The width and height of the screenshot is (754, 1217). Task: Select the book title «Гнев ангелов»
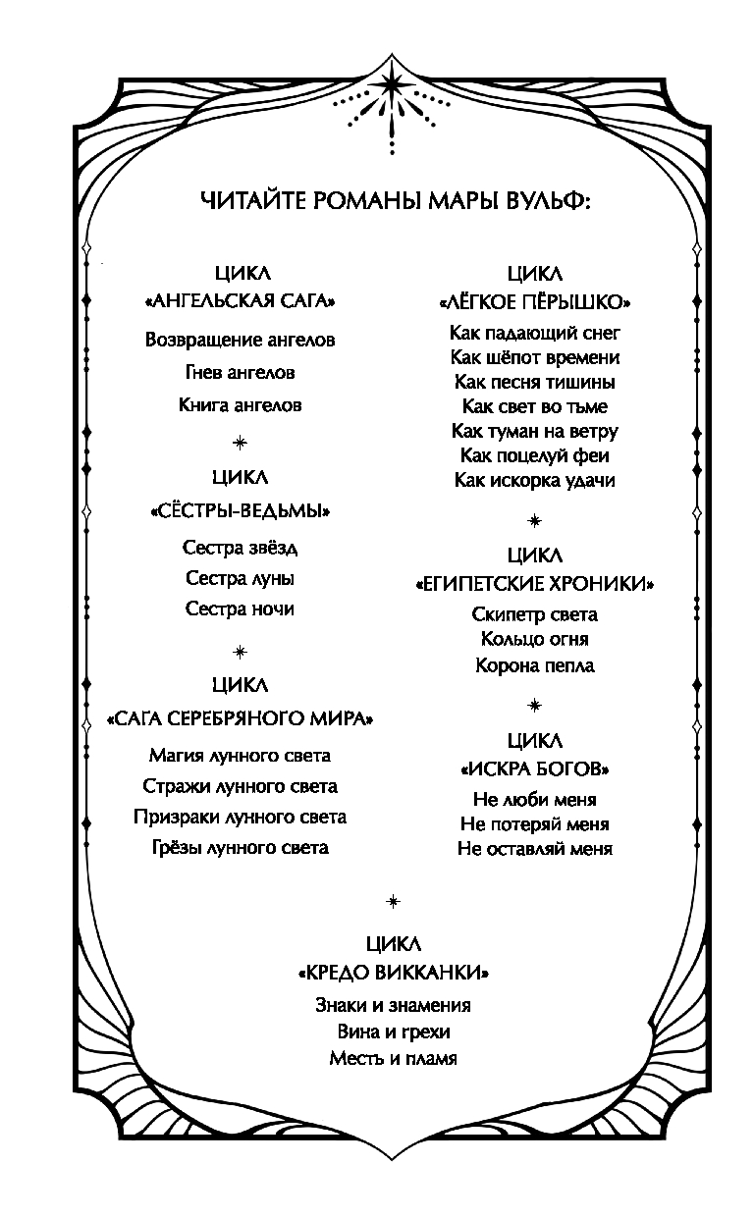(240, 373)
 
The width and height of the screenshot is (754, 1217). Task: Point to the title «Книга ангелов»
(240, 404)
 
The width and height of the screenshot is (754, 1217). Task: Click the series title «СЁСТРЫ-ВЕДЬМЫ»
(240, 511)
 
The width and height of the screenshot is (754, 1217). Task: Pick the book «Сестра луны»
(240, 578)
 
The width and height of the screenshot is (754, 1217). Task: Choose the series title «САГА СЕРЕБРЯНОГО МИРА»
(240, 718)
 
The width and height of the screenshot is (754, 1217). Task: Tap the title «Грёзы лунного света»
(240, 847)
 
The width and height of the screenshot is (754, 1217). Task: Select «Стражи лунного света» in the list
(240, 786)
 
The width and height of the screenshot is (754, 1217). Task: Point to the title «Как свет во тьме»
(534, 406)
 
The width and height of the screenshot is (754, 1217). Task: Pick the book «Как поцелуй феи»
(534, 455)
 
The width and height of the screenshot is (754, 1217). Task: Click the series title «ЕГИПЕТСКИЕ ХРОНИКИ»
(534, 584)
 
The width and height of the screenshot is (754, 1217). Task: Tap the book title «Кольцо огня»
(534, 639)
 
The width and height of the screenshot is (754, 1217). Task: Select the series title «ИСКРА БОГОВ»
(534, 768)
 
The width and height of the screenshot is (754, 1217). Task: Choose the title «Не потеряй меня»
(534, 823)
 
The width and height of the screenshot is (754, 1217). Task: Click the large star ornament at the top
(394, 82)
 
